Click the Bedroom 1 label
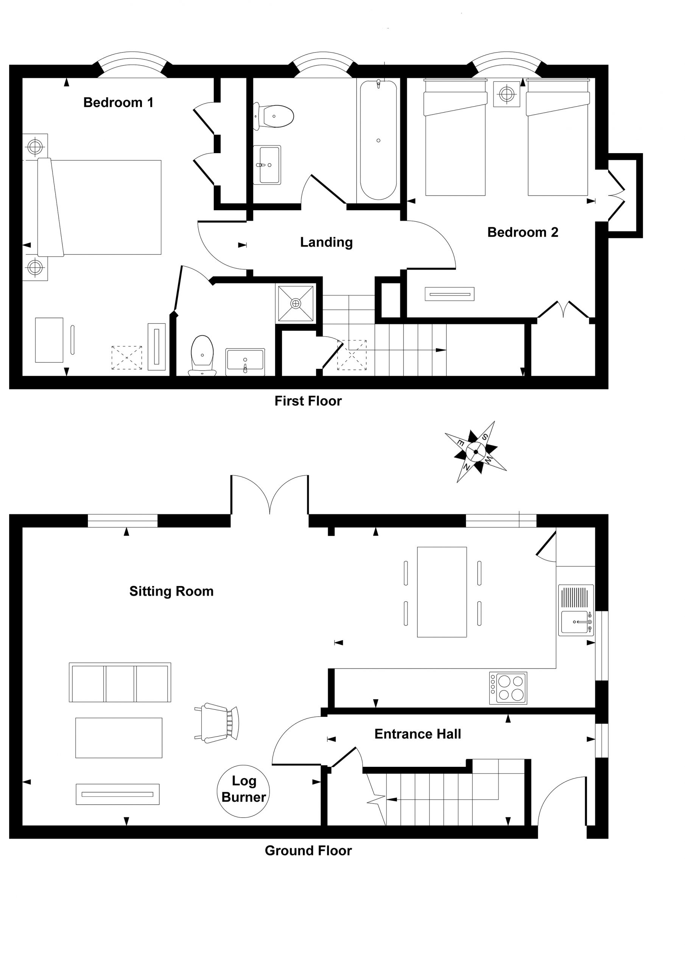click(x=118, y=102)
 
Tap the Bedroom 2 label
click(x=523, y=232)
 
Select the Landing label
click(x=326, y=242)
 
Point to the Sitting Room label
click(x=171, y=591)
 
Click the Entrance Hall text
click(x=417, y=734)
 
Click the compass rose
click(x=476, y=452)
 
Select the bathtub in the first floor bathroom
click(x=378, y=140)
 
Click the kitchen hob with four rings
click(x=508, y=688)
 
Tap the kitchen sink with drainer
click(x=576, y=610)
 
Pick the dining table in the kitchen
click(x=442, y=592)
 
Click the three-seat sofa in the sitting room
click(x=120, y=683)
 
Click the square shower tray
click(x=296, y=303)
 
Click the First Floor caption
click(x=308, y=401)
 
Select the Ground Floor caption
click(x=308, y=851)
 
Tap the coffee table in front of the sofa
click(x=118, y=738)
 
